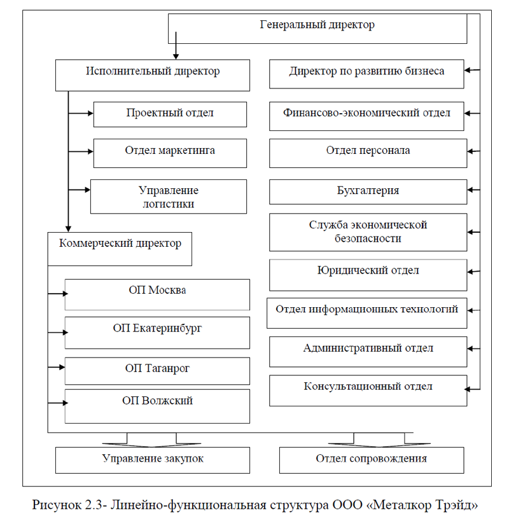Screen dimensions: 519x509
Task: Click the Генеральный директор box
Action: (318, 26)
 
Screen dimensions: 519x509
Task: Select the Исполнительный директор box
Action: (152, 72)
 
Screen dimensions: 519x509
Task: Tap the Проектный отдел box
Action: (170, 114)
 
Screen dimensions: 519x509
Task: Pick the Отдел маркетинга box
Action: (170, 151)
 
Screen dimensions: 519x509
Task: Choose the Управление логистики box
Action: (169, 197)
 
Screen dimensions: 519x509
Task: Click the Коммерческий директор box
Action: (120, 249)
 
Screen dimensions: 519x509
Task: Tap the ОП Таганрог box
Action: (157, 369)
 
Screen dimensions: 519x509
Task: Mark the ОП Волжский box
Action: (157, 406)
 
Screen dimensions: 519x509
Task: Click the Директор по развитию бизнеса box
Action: (366, 74)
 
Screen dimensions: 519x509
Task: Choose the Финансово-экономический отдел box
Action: (366, 115)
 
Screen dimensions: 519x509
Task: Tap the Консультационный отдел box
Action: (368, 390)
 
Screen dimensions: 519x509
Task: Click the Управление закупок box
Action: (153, 459)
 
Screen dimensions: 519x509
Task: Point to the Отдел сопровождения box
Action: (371, 459)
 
